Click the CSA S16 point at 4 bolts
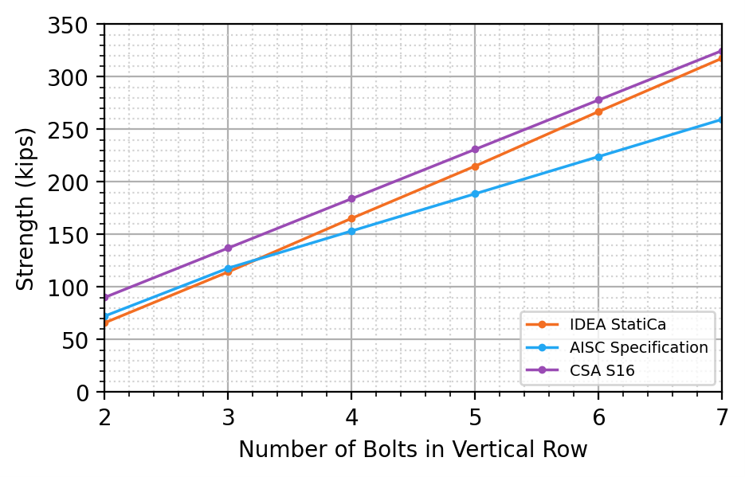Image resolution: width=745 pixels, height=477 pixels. click(x=351, y=199)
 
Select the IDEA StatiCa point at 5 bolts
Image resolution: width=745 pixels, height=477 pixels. click(x=475, y=166)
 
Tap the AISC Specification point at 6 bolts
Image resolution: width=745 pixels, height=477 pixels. click(x=598, y=157)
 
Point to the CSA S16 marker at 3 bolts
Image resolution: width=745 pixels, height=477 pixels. click(x=228, y=248)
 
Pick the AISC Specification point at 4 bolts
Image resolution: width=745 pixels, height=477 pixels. click(x=351, y=232)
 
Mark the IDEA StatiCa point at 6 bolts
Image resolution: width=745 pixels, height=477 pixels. click(x=598, y=111)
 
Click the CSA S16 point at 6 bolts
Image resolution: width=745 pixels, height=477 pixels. click(x=598, y=100)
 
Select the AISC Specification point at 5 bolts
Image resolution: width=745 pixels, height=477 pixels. click(x=475, y=194)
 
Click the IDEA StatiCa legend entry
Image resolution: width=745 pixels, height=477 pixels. click(x=606, y=324)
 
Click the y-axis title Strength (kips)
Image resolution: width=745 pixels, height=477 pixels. click(x=26, y=208)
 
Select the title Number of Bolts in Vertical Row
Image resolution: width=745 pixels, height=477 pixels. click(x=413, y=450)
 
